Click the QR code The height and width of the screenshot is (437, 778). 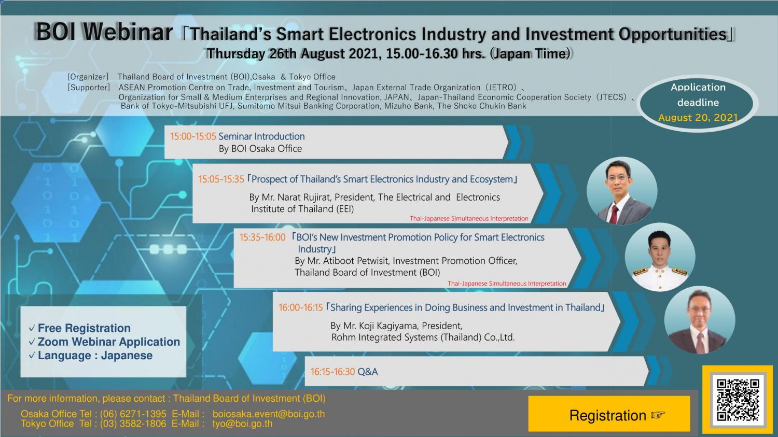738,400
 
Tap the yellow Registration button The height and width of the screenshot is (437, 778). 609,414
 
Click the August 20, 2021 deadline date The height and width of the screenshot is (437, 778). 698,118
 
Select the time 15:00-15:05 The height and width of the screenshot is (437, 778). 193,136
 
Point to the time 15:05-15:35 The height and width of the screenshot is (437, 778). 221,179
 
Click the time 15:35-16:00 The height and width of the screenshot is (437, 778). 262,237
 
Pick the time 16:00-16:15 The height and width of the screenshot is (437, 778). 301,307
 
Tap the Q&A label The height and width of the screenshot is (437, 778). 367,372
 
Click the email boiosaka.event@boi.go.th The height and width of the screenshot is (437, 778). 269,414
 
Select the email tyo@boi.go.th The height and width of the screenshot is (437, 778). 242,424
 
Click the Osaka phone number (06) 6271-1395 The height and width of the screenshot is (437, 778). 133,414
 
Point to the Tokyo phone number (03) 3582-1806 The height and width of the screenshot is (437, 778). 133,424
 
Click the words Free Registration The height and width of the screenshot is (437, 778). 84,328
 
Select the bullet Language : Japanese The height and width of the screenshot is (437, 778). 95,356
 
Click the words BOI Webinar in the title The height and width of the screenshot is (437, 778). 104,32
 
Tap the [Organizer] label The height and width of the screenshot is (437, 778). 88,77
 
